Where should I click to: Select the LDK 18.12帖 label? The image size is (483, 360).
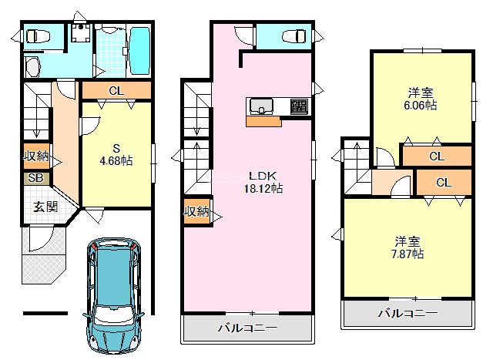pyautogui.click(x=263, y=181)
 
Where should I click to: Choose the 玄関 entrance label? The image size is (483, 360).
pyautogui.click(x=45, y=207)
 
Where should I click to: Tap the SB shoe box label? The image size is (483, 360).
pyautogui.click(x=36, y=178)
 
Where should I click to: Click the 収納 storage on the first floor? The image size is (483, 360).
pyautogui.click(x=35, y=156)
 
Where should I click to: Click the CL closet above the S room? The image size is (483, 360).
pyautogui.click(x=116, y=91)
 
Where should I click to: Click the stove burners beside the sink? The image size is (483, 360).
pyautogui.click(x=299, y=106)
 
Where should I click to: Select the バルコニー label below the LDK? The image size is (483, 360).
pyautogui.click(x=247, y=328)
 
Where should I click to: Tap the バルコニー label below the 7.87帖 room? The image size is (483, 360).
pyautogui.click(x=407, y=313)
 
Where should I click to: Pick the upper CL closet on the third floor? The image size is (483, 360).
pyautogui.click(x=436, y=156)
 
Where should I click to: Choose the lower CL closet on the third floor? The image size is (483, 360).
pyautogui.click(x=443, y=183)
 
